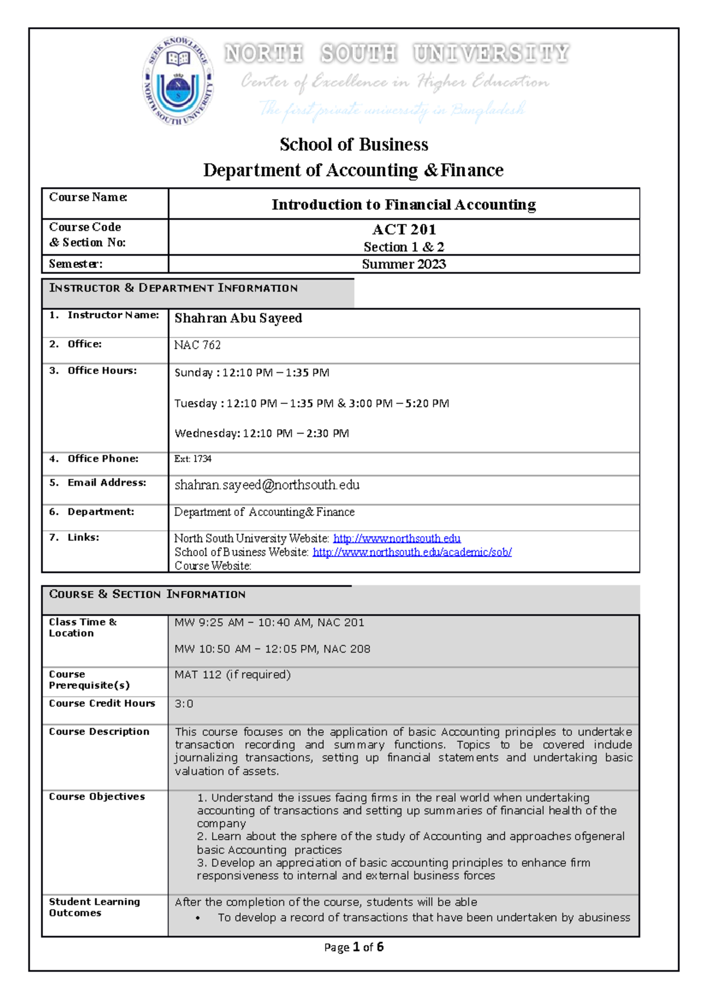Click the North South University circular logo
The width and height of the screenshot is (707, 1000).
click(178, 81)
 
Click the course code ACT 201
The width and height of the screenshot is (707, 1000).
click(404, 230)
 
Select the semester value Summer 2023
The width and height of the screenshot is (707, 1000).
click(404, 264)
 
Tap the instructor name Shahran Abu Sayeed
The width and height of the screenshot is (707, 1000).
click(238, 318)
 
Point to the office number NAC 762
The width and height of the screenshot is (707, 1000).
click(197, 345)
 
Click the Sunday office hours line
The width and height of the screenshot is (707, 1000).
click(252, 373)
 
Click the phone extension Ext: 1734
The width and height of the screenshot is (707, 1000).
click(193, 459)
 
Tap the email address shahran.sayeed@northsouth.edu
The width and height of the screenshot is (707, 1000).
click(267, 485)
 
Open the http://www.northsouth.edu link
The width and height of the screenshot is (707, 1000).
click(397, 538)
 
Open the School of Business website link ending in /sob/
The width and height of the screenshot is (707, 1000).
click(412, 552)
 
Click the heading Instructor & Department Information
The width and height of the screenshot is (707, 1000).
click(173, 288)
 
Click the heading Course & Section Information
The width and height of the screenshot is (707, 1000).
click(147, 594)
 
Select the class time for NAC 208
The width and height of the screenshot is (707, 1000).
click(272, 649)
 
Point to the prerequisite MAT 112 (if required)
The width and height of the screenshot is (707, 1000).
click(232, 675)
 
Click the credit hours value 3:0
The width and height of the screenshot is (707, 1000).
click(184, 704)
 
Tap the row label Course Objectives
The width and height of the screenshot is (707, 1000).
click(97, 797)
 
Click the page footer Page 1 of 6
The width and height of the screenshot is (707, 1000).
click(353, 947)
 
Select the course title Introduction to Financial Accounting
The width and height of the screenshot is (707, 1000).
click(404, 204)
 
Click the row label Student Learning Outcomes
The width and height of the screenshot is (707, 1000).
click(94, 907)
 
